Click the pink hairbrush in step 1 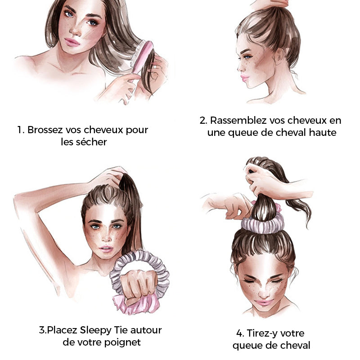pos(142,58)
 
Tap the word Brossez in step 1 pos(45,130)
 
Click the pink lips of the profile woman pos(244,77)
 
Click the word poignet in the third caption pos(122,343)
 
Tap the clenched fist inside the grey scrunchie pos(139,285)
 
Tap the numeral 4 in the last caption pos(239,333)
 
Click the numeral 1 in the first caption pos(20,130)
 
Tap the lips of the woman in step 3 pos(106,249)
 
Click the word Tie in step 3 pos(121,330)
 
